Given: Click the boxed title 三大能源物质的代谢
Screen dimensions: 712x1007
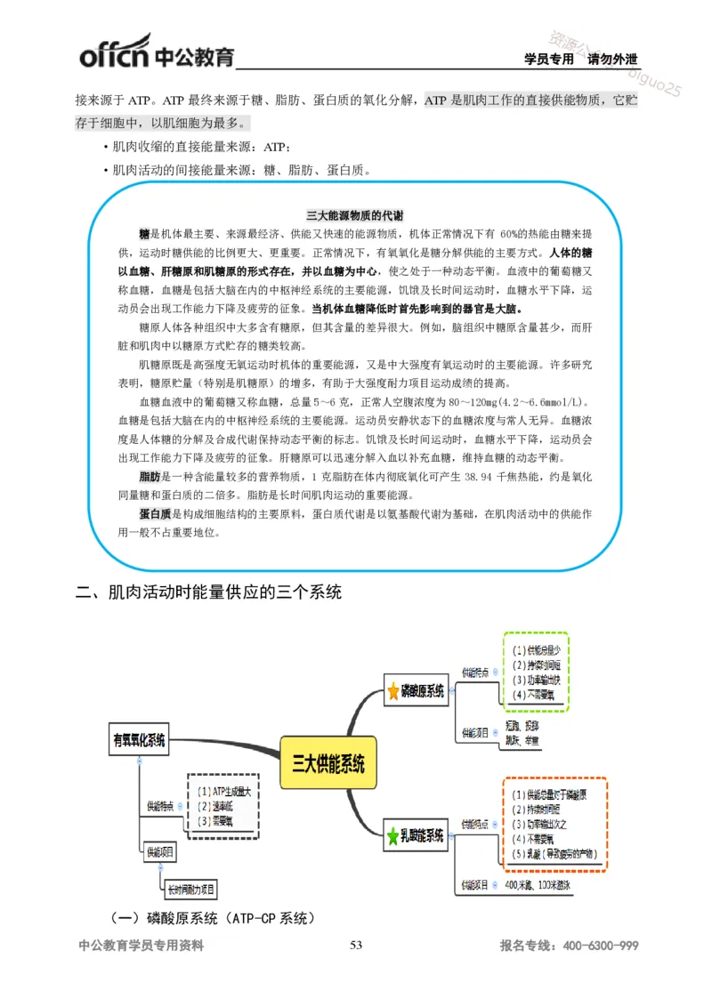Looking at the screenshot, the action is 354,215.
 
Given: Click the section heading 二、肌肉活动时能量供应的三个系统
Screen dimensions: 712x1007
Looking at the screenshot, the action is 208,592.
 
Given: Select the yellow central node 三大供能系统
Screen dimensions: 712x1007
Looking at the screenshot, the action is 328,762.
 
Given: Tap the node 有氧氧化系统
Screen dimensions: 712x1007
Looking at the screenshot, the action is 140,740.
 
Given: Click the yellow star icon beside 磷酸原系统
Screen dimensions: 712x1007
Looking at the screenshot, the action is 393,690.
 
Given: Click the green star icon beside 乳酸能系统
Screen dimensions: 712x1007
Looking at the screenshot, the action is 393,836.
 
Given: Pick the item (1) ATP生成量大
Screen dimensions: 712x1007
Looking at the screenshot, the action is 222,790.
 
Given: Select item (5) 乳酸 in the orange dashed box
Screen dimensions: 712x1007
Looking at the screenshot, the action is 554,854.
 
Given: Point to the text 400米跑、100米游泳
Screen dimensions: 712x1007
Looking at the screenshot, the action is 540,886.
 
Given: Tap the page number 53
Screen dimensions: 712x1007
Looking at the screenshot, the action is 356,945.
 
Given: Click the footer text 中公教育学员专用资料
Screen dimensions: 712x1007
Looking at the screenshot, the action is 142,946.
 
